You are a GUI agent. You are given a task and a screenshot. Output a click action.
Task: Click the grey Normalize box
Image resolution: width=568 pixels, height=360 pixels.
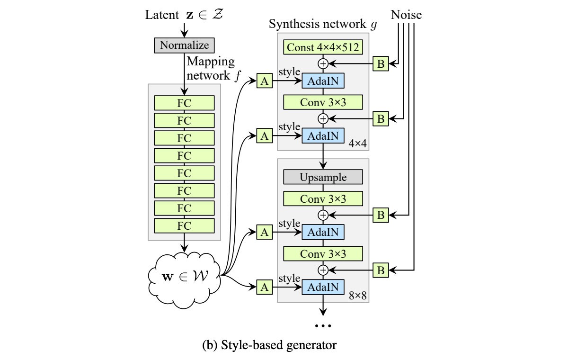pyautogui.click(x=184, y=45)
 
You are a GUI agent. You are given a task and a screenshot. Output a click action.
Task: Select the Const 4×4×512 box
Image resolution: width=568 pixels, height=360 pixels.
pyautogui.click(x=323, y=47)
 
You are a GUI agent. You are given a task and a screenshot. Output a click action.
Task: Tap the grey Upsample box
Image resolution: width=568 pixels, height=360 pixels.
pyautogui.click(x=323, y=177)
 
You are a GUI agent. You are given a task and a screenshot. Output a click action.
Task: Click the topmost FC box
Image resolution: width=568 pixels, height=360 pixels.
pyautogui.click(x=184, y=103)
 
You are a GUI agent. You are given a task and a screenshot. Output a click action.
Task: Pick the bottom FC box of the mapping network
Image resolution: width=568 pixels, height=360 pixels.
pyautogui.click(x=184, y=225)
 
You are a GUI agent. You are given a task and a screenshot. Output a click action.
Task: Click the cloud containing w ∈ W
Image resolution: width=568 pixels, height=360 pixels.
pyautogui.click(x=184, y=279)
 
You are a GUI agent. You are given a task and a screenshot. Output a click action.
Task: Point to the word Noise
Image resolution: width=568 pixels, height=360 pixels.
pyautogui.click(x=406, y=15)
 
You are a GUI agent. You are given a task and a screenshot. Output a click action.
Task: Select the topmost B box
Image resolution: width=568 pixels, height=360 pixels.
pyautogui.click(x=381, y=63)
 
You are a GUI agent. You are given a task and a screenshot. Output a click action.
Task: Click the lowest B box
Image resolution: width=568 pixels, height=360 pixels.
pyautogui.click(x=381, y=270)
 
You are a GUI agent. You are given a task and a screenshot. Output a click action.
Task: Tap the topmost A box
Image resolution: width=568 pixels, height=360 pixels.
pyautogui.click(x=265, y=81)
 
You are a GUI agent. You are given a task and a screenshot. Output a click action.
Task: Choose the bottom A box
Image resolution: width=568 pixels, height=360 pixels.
pyautogui.click(x=265, y=287)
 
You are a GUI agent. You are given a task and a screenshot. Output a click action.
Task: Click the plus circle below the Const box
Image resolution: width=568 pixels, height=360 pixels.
pyautogui.click(x=323, y=63)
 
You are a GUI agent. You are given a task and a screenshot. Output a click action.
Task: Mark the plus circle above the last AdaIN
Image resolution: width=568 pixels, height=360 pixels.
pyautogui.click(x=323, y=270)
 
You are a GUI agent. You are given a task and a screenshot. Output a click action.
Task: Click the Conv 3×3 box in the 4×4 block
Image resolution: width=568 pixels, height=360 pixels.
pyautogui.click(x=323, y=102)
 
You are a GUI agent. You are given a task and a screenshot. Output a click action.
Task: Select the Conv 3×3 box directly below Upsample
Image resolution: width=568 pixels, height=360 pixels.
pyautogui.click(x=323, y=198)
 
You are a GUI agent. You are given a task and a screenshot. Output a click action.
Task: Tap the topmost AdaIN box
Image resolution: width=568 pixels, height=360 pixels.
pyautogui.click(x=323, y=81)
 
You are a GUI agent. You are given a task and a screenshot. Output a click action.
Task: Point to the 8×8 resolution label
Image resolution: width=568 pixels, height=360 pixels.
pyautogui.click(x=357, y=296)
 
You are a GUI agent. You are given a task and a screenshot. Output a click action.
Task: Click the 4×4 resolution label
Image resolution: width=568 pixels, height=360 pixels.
pyautogui.click(x=357, y=144)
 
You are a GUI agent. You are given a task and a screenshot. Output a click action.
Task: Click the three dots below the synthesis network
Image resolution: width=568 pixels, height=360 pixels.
pyautogui.click(x=323, y=326)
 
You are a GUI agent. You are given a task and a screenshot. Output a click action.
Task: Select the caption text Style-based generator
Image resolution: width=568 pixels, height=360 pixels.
pyautogui.click(x=279, y=345)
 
